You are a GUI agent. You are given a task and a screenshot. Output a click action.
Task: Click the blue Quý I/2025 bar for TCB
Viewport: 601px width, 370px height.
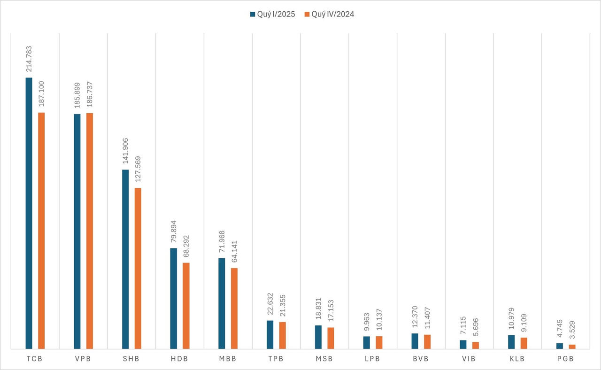[x=29, y=213]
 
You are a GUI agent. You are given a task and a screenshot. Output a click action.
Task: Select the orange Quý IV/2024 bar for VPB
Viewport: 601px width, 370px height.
[x=90, y=231]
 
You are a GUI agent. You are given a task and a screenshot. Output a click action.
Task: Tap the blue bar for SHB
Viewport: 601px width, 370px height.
[x=125, y=259]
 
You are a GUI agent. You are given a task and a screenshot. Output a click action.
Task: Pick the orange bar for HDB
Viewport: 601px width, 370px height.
[x=186, y=306]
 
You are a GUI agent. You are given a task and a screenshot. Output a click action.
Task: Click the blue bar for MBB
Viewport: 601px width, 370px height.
[x=222, y=303]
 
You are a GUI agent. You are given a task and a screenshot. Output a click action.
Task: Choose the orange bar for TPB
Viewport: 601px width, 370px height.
[x=282, y=335]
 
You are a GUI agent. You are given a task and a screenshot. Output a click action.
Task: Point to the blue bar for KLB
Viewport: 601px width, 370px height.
[x=511, y=342]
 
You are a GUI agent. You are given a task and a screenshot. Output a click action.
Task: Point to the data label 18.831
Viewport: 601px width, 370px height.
[x=318, y=310]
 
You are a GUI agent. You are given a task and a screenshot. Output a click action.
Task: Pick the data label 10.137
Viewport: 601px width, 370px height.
[x=379, y=321]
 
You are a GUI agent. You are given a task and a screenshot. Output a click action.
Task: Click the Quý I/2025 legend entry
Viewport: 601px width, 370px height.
[x=272, y=14]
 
